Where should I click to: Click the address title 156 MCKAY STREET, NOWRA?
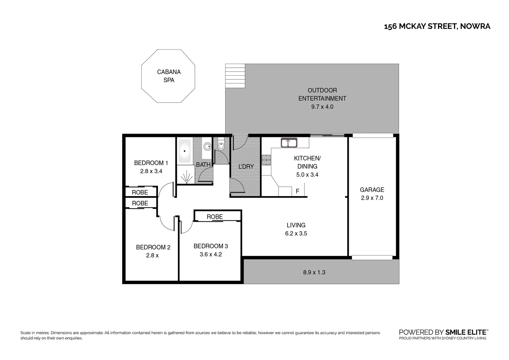tap(437, 26)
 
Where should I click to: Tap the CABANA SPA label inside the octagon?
tap(169, 76)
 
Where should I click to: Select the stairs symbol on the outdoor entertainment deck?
tap(235, 76)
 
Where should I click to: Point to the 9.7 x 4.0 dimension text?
tap(322, 107)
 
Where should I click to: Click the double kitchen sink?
tap(289, 143)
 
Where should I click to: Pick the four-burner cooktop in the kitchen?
tap(266, 160)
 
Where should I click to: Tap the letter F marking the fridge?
tap(297, 191)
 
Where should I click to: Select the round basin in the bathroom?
tap(207, 146)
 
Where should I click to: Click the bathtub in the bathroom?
tap(185, 151)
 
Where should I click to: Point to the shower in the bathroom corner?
tap(186, 174)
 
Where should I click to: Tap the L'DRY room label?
tap(246, 166)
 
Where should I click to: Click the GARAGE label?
tap(372, 190)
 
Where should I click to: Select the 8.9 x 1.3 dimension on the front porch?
tap(314, 272)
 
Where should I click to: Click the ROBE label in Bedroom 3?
tap(215, 217)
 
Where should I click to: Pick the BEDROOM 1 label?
tap(151, 163)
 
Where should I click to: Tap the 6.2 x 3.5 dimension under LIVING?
tap(296, 233)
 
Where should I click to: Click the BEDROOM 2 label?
tap(153, 247)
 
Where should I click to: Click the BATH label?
tap(203, 165)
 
